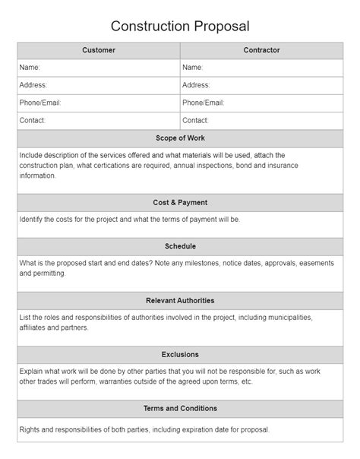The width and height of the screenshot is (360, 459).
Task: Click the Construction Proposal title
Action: click(x=180, y=26)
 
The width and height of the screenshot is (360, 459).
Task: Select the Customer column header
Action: click(x=99, y=50)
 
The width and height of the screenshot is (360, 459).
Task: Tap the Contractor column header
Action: click(x=261, y=50)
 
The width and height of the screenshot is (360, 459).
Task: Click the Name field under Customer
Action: click(x=99, y=68)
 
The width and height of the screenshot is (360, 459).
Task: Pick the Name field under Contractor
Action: click(x=261, y=68)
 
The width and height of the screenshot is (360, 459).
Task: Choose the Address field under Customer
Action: click(x=99, y=85)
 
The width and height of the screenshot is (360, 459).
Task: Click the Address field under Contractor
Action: click(x=261, y=85)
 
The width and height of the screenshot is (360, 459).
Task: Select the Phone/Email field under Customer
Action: click(x=99, y=103)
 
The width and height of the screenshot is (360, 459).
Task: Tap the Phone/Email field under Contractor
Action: click(x=261, y=103)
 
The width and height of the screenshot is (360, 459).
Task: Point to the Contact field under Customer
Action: click(x=99, y=120)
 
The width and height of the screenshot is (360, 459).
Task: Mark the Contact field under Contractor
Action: click(x=261, y=120)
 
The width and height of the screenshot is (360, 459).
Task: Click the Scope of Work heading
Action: click(x=180, y=138)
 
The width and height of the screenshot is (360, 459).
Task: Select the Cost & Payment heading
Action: click(x=180, y=203)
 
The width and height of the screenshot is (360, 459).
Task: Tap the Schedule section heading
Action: click(x=180, y=246)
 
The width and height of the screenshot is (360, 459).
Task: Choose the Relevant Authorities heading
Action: click(x=180, y=300)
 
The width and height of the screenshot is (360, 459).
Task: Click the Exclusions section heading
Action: click(x=180, y=354)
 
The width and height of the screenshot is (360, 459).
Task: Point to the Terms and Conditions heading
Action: click(x=180, y=408)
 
